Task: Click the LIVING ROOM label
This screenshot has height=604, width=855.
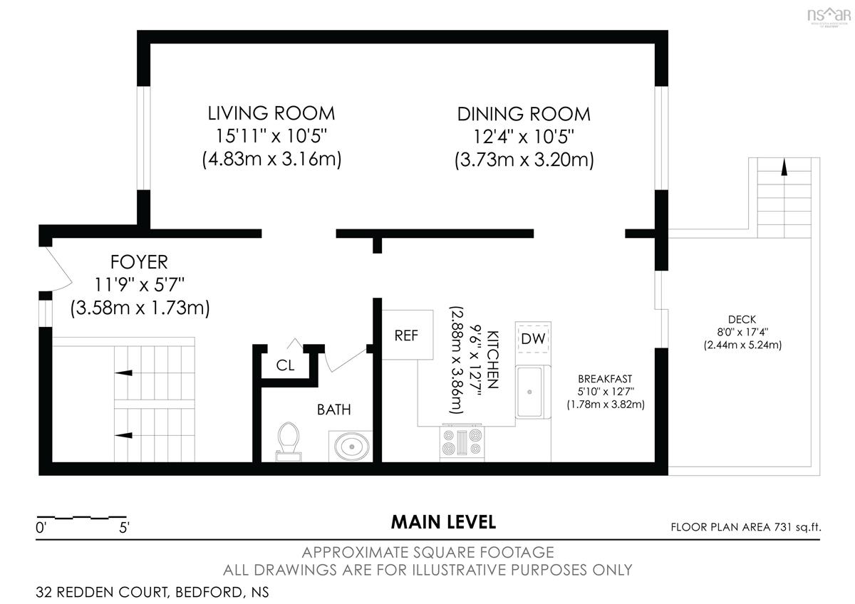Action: [x=271, y=113]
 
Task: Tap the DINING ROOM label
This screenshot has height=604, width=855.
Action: [x=524, y=114]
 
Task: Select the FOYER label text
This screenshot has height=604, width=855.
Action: [x=139, y=262]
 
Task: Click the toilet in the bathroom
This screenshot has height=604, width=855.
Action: [x=288, y=442]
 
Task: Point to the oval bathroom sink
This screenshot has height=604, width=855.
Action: [x=351, y=447]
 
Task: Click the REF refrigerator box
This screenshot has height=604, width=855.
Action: [x=408, y=335]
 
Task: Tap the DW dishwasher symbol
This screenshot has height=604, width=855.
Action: [x=533, y=338]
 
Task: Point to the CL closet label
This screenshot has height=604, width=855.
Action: [x=285, y=365]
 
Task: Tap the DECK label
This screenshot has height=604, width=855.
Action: [x=742, y=319]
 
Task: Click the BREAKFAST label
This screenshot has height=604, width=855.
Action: [x=605, y=379]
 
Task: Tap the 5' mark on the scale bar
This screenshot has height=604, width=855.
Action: [x=125, y=528]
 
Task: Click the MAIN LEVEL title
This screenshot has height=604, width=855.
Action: [x=443, y=522]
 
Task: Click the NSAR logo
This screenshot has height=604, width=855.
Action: [x=829, y=16]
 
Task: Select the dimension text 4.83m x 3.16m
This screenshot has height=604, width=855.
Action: [x=271, y=159]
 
